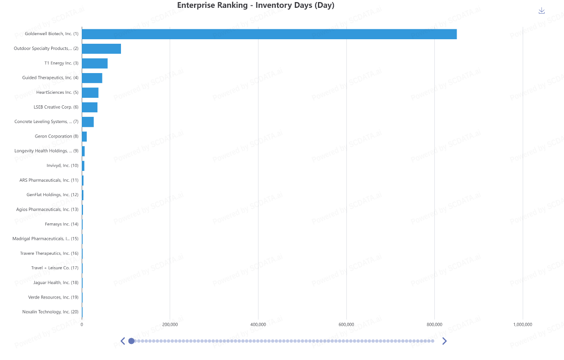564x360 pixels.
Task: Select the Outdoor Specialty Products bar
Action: click(x=101, y=49)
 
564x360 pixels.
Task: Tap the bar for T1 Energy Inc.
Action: click(x=95, y=63)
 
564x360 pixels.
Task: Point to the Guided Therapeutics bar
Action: click(x=92, y=78)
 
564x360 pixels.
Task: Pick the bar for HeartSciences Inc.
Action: click(x=90, y=92)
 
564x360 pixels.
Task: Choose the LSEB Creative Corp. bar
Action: click(x=90, y=107)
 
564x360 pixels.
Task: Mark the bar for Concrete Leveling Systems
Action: click(x=88, y=122)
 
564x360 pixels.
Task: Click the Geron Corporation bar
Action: click(x=84, y=137)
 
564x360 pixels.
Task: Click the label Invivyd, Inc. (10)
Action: click(x=62, y=166)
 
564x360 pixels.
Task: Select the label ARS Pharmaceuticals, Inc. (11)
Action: click(x=49, y=180)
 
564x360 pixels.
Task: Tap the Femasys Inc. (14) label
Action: click(x=62, y=224)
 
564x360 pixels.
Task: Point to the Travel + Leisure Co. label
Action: click(x=55, y=268)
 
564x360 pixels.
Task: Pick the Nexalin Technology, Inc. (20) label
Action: click(x=50, y=312)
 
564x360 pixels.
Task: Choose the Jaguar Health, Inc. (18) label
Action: click(x=56, y=282)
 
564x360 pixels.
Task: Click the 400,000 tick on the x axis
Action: click(x=258, y=324)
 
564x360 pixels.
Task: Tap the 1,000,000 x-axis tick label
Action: click(x=522, y=324)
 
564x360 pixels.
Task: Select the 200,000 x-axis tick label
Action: click(x=170, y=324)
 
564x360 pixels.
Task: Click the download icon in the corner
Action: click(x=542, y=11)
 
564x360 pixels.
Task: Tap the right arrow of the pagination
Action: click(x=444, y=341)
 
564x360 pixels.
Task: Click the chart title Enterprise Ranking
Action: click(x=256, y=5)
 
